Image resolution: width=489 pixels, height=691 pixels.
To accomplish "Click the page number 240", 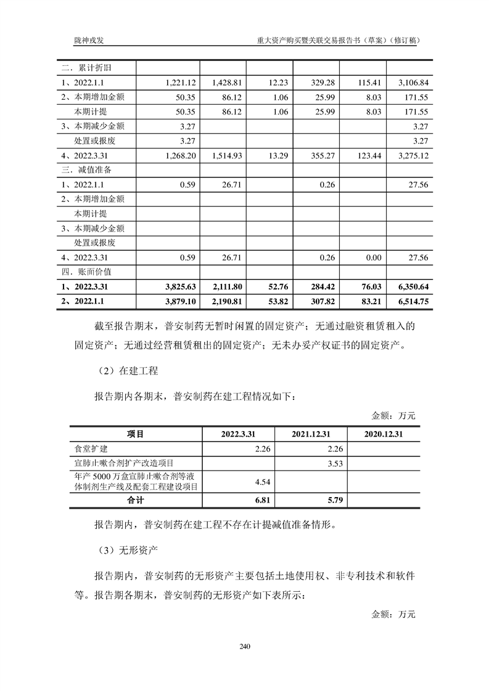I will [245, 647].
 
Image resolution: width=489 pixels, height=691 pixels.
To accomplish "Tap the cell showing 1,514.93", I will [230, 155].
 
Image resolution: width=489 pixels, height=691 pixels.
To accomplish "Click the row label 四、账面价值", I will [86, 271].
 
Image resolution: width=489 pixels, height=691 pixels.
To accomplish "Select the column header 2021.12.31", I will [311, 434].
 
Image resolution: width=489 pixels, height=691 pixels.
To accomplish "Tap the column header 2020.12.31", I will [384, 434].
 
